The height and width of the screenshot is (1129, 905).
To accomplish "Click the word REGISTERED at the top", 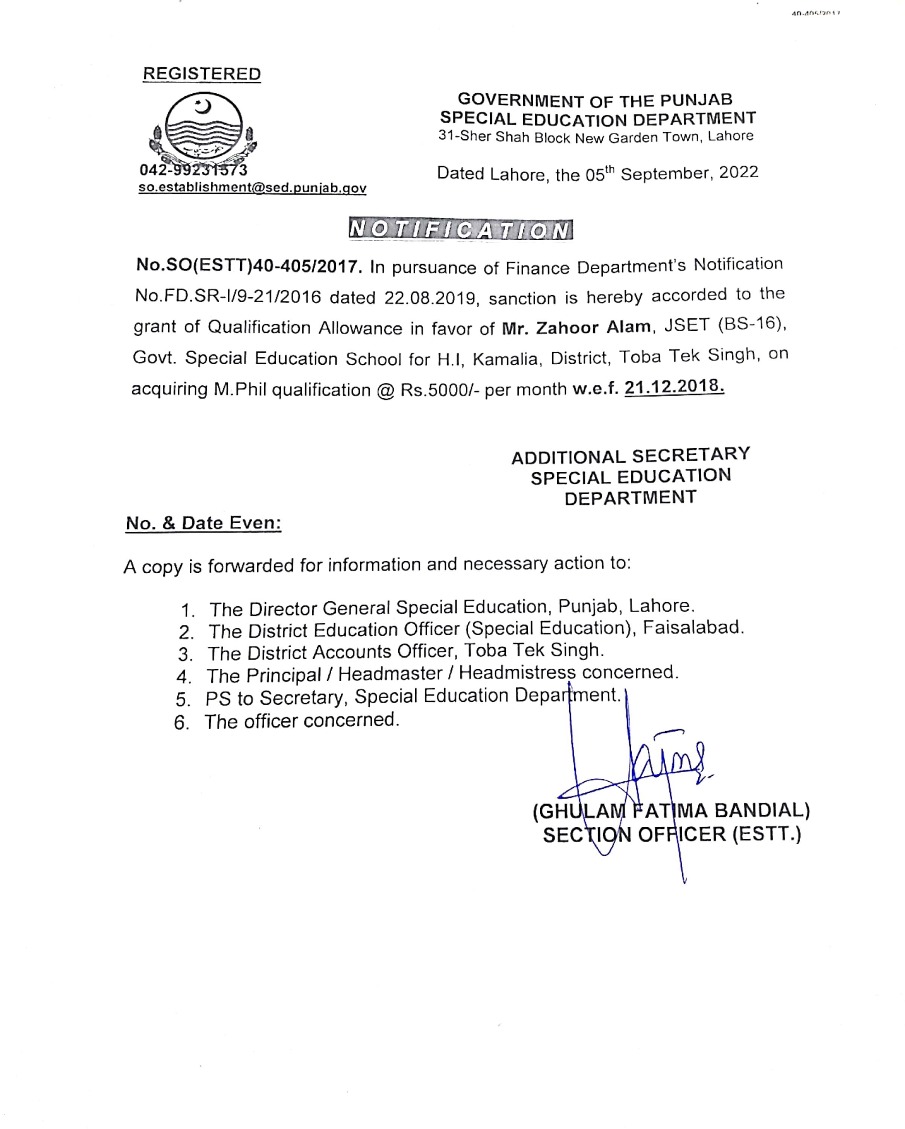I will click(202, 74).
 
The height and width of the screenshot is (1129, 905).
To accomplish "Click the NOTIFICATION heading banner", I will click(460, 230).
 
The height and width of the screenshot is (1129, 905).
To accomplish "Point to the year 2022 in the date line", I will click(739, 173).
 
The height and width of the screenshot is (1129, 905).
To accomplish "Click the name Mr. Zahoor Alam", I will click(576, 327).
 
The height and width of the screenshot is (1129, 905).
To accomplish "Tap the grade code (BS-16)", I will click(752, 324).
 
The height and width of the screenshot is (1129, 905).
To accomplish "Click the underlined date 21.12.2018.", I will click(674, 387).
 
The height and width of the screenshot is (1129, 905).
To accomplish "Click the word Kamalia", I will click(506, 359).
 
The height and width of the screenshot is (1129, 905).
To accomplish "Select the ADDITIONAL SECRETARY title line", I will click(631, 456).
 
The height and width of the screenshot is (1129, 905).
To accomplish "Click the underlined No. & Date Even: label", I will click(203, 523).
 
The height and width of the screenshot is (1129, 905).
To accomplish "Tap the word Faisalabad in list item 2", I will click(693, 627).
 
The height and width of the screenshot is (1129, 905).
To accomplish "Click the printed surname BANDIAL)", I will click(762, 810).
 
